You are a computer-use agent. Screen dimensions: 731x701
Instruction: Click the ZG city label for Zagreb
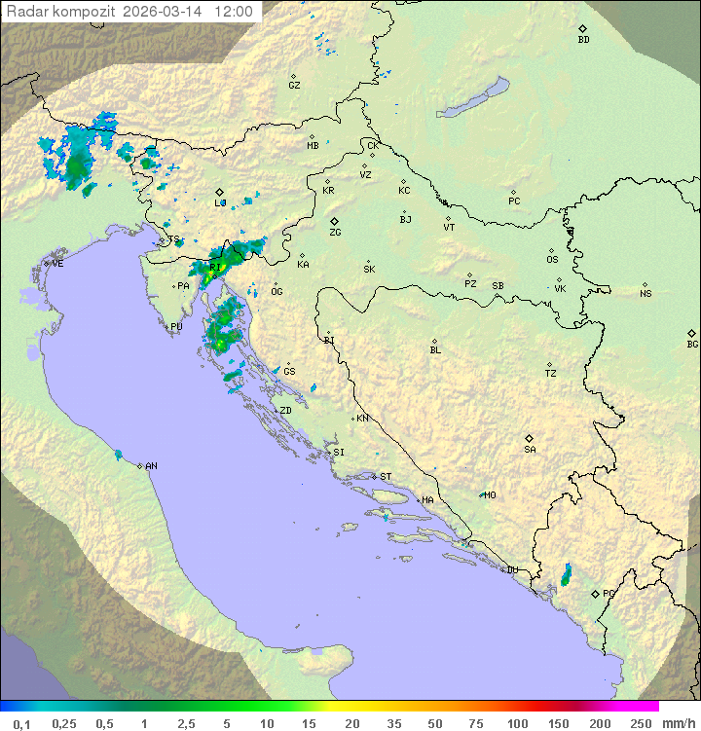(335, 233)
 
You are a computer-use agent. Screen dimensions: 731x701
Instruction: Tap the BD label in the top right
(583, 40)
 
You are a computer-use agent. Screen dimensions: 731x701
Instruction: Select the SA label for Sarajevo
(530, 450)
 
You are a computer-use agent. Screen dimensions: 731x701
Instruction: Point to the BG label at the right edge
(692, 344)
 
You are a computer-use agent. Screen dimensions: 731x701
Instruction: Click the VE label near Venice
(57, 264)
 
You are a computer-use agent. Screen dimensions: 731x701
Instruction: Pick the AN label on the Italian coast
(151, 466)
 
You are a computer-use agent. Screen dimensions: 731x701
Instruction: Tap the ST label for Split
(386, 477)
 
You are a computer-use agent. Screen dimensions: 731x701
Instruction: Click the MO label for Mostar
(490, 495)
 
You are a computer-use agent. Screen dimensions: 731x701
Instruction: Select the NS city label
(646, 294)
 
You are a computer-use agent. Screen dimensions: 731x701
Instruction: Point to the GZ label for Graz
(294, 86)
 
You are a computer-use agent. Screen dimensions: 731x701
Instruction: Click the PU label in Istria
(176, 327)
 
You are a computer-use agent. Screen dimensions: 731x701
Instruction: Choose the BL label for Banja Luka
(435, 350)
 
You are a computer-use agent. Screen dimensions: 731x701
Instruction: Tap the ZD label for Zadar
(285, 411)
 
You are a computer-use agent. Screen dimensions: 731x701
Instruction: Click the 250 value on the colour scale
(641, 723)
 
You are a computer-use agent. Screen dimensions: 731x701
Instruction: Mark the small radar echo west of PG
(566, 575)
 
